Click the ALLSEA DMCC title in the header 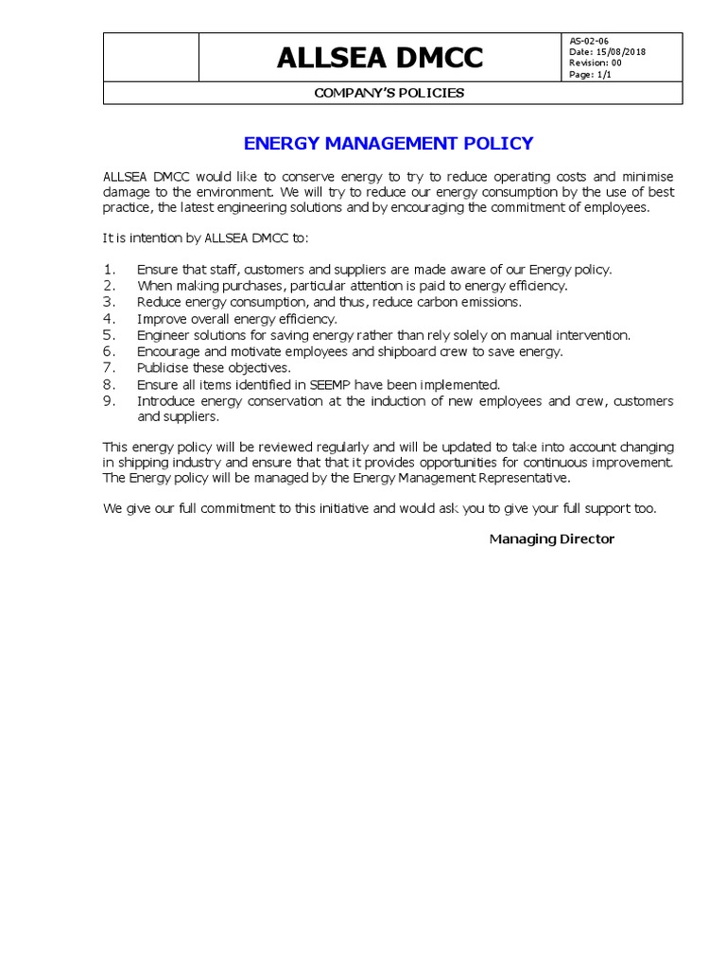(x=379, y=58)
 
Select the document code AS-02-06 (x=589, y=41)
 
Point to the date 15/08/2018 (x=607, y=52)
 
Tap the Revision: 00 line (x=596, y=63)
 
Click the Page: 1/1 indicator (x=590, y=75)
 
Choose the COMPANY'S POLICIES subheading (x=389, y=93)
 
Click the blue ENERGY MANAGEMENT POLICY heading (x=389, y=144)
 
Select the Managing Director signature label (x=551, y=539)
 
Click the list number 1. (x=109, y=270)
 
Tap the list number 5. (x=109, y=335)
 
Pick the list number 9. (x=109, y=401)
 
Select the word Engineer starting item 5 (x=164, y=335)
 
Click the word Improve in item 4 (x=161, y=319)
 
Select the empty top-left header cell (x=150, y=58)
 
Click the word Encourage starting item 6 (x=167, y=352)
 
